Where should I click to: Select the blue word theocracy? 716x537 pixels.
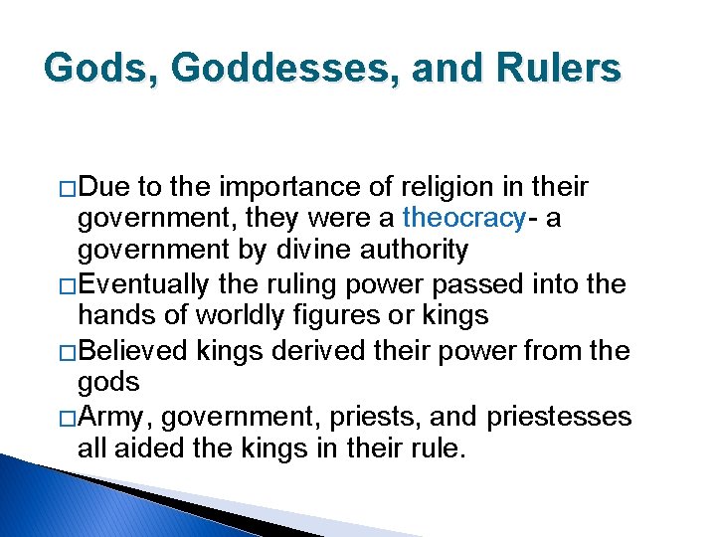(463, 218)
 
